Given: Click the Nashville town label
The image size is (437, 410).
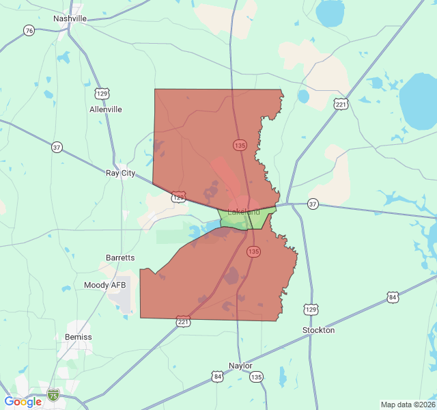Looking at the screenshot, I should pyautogui.click(x=70, y=18).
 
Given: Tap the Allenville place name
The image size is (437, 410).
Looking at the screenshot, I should pyautogui.click(x=106, y=109).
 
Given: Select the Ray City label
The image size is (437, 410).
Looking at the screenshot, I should pyautogui.click(x=120, y=173).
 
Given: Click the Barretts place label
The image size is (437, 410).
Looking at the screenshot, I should pyautogui.click(x=120, y=258).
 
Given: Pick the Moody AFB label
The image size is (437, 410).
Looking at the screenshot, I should pyautogui.click(x=106, y=285).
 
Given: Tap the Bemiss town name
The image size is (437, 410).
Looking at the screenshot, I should pyautogui.click(x=78, y=337).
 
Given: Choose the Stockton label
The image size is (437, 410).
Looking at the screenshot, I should pyautogui.click(x=318, y=330).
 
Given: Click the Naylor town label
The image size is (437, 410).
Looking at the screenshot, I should pyautogui.click(x=240, y=366).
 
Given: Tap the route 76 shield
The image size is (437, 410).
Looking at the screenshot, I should pyautogui.click(x=29, y=31).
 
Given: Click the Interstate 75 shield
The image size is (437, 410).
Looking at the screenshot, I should pyautogui.click(x=53, y=394).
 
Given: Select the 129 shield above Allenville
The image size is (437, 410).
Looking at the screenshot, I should pyautogui.click(x=102, y=93).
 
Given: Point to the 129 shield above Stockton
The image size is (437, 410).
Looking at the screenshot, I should pyautogui.click(x=311, y=310).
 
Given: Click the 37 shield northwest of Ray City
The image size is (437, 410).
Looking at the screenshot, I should pyautogui.click(x=57, y=147).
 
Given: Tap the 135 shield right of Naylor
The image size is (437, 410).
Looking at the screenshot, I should pyautogui.click(x=256, y=377).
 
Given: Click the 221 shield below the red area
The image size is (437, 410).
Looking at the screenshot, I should pyautogui.click(x=183, y=320).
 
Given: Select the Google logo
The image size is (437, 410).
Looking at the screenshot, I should pyautogui.click(x=23, y=401).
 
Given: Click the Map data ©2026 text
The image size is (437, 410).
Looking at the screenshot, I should pyautogui.click(x=406, y=405).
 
